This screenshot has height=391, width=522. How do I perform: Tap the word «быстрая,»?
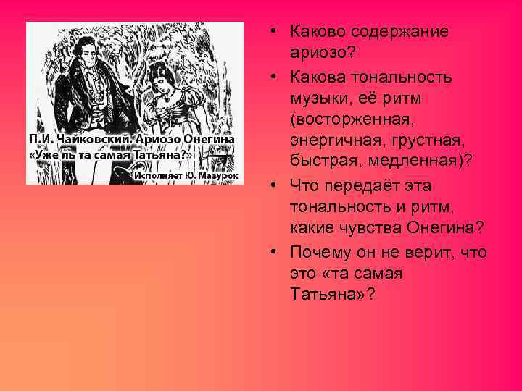click(x=323, y=161)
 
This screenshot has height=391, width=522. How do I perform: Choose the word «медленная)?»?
click(x=414, y=161)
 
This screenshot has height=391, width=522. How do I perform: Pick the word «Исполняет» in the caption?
click(x=158, y=175)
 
